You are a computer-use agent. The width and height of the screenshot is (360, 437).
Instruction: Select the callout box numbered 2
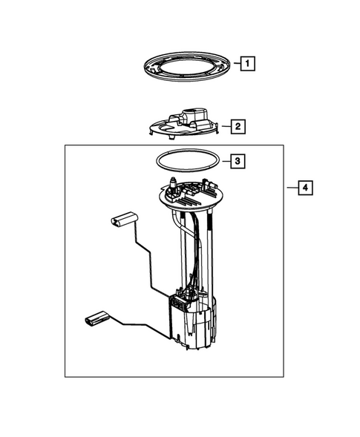click(238, 127)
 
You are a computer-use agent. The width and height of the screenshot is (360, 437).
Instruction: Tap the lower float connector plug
click(94, 321)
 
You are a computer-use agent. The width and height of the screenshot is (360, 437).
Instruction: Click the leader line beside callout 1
click(232, 64)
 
